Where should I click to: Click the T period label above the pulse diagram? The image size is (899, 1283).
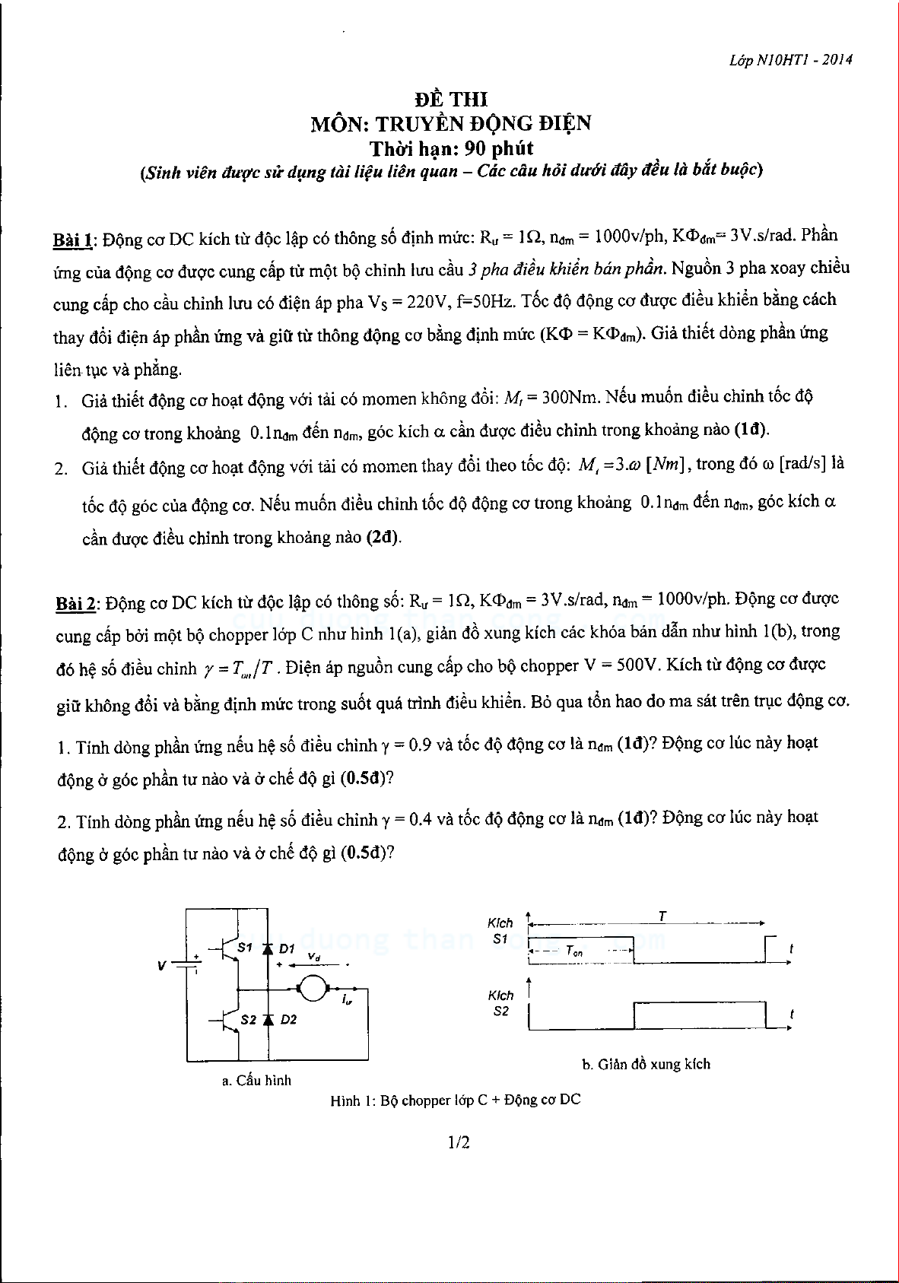point(662,916)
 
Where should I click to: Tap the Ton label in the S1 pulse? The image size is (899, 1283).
point(574,951)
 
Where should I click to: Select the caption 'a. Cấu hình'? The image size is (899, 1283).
point(256,1080)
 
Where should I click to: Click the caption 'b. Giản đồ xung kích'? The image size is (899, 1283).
point(646,1064)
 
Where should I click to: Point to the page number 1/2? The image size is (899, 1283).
point(459,1142)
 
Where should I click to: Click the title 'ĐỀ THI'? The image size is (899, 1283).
point(451,99)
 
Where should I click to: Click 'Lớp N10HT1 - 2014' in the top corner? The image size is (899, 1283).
point(790,59)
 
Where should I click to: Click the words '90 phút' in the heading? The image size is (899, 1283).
point(498,148)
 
